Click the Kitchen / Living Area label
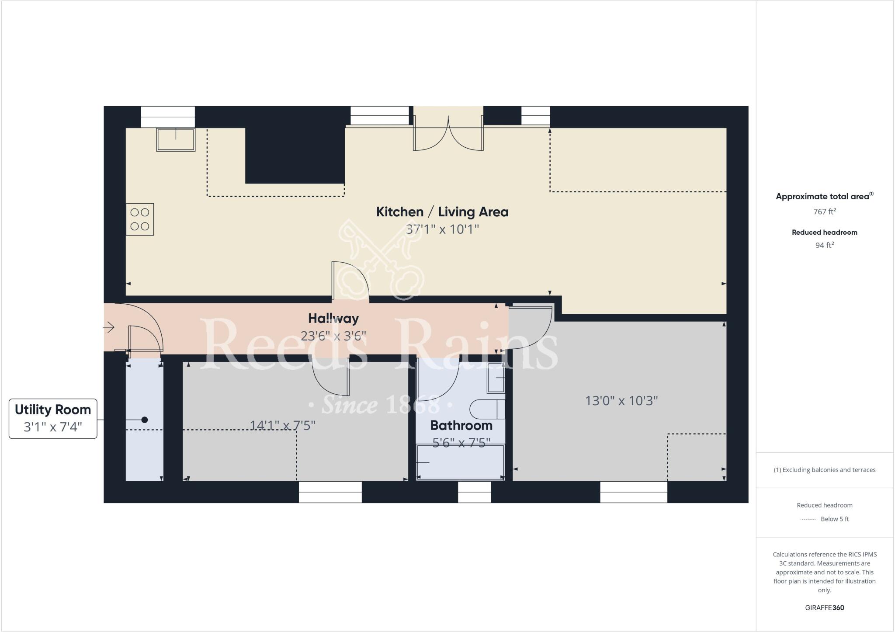pyautogui.click(x=442, y=212)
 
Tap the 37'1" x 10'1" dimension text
pyautogui.click(x=442, y=229)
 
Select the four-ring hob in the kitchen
pyautogui.click(x=140, y=219)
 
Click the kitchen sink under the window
pyautogui.click(x=176, y=139)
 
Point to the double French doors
pyautogui.click(x=448, y=135)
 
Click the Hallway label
pyautogui.click(x=333, y=318)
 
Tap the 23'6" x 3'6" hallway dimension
pyautogui.click(x=333, y=336)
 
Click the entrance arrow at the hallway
pyautogui.click(x=109, y=326)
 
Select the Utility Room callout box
pyautogui.click(x=53, y=418)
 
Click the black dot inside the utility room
pyautogui.click(x=145, y=420)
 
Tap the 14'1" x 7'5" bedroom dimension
pyautogui.click(x=282, y=425)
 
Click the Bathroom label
pyautogui.click(x=461, y=425)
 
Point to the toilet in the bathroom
pyautogui.click(x=487, y=410)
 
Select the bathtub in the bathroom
pyautogui.click(x=460, y=462)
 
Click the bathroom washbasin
pyautogui.click(x=496, y=378)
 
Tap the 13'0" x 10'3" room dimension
pyautogui.click(x=621, y=400)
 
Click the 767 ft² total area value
pyautogui.click(x=824, y=212)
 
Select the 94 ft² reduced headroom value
pyautogui.click(x=824, y=245)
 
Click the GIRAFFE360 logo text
pyautogui.click(x=824, y=608)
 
